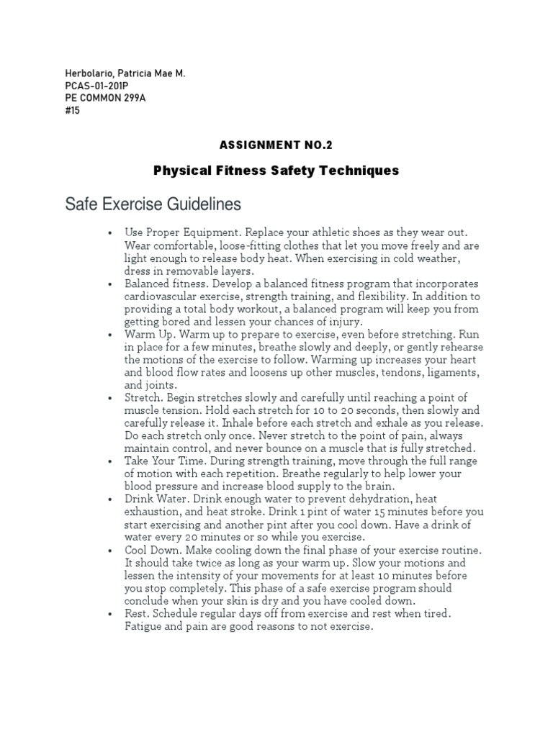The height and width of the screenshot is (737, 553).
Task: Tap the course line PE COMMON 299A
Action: point(105,99)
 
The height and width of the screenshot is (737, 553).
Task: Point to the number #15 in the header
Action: point(72,111)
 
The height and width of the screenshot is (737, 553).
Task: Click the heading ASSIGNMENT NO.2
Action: point(276,145)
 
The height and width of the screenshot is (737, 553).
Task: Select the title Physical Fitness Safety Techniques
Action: point(276,171)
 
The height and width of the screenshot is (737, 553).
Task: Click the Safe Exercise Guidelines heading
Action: point(153,205)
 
